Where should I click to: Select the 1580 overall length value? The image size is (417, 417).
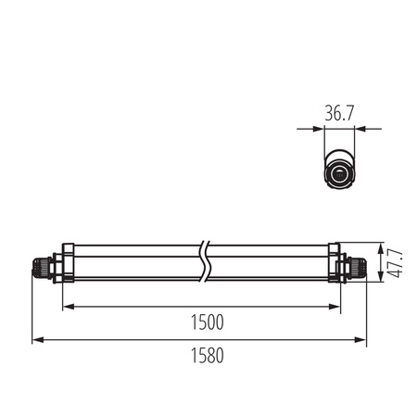point(205,356)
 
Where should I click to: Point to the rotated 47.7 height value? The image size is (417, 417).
point(396,263)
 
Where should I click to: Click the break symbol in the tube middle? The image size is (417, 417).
point(205,263)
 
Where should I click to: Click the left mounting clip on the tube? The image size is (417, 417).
point(67,263)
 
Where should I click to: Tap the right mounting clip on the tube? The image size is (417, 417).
point(335,263)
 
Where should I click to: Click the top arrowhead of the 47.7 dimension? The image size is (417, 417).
point(380,246)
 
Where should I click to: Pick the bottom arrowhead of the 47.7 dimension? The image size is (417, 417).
point(380,280)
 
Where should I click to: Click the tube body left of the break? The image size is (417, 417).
point(134,263)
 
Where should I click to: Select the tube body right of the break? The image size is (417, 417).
point(269,263)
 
